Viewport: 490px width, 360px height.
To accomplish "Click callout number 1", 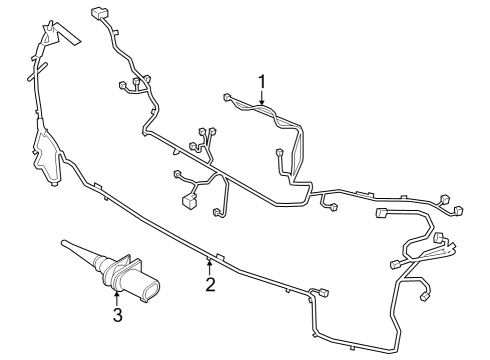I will click(x=261, y=80).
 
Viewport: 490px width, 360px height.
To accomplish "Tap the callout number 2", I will click(x=210, y=285).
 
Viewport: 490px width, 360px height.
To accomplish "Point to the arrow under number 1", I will click(x=261, y=97).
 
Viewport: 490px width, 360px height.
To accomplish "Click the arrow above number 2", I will click(x=209, y=266).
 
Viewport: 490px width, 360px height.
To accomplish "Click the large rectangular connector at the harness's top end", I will click(x=98, y=14).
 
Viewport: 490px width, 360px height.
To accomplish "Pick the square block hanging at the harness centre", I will click(x=189, y=201).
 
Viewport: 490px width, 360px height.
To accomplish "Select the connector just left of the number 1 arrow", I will click(x=228, y=97).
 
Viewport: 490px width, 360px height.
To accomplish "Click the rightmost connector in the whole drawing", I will click(x=461, y=210).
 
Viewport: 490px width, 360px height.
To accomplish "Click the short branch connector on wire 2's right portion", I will click(x=323, y=292).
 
